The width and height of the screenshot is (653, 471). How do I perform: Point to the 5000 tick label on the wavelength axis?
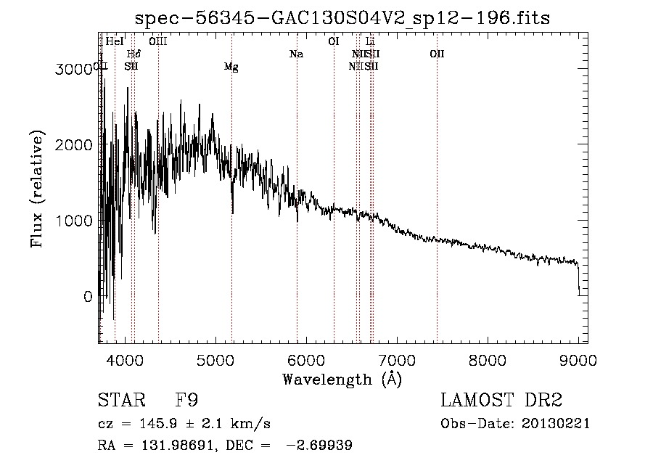(x=215, y=359)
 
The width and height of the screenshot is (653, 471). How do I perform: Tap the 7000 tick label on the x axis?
(x=397, y=359)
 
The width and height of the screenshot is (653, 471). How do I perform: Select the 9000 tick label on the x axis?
(x=578, y=359)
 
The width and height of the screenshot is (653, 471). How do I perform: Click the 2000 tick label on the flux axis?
(x=75, y=144)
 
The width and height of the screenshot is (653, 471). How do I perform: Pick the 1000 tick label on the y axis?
(x=75, y=221)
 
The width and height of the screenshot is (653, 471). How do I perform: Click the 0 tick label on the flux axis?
(x=87, y=297)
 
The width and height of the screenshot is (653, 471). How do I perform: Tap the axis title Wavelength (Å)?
(x=342, y=379)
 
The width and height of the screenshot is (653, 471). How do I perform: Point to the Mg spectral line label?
(x=231, y=67)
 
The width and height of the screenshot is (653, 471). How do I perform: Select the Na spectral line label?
(x=296, y=54)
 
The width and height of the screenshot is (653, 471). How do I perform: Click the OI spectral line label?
(x=334, y=42)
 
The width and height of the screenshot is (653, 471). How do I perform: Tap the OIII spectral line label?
(x=158, y=42)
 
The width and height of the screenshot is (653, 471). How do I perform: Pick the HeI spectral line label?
(x=115, y=42)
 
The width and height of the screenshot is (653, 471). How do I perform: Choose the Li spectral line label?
(x=370, y=42)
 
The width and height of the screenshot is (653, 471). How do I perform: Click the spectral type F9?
(x=187, y=401)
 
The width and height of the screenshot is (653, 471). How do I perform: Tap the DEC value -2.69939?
(x=319, y=446)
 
